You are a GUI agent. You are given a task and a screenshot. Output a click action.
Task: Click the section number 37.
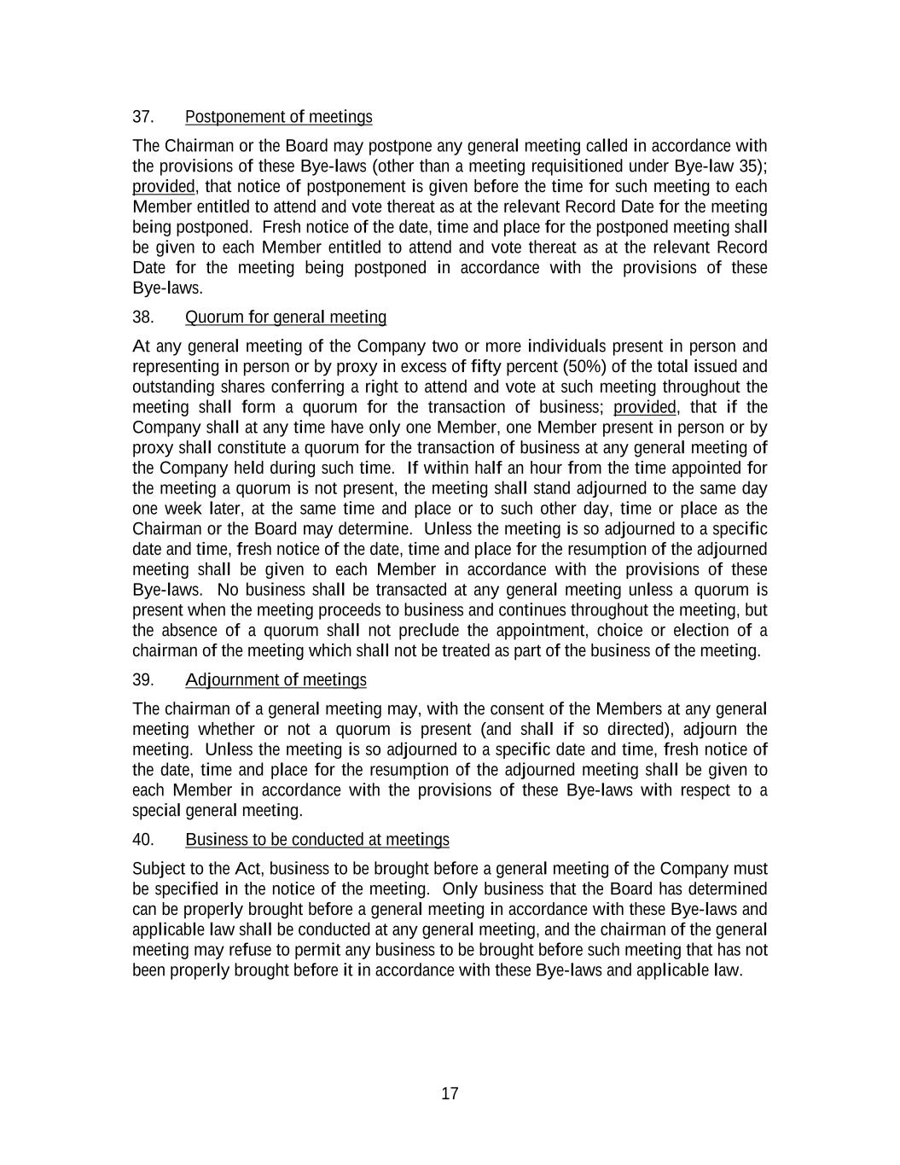(142, 117)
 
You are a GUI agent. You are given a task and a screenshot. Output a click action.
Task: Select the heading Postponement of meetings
(278, 117)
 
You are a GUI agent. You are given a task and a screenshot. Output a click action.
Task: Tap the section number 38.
(142, 317)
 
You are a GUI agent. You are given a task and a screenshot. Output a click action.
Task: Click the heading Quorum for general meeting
(285, 317)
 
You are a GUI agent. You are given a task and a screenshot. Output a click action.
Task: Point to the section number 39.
(142, 680)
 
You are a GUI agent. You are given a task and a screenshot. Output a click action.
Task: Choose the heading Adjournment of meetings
(276, 680)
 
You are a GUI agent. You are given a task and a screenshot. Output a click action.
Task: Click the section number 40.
(142, 840)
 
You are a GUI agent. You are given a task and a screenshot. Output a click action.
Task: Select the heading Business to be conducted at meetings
(316, 840)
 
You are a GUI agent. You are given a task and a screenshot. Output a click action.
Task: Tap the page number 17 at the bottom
(450, 1094)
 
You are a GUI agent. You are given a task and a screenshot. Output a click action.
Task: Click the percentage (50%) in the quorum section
(585, 367)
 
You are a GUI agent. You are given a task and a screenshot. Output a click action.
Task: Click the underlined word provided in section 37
(164, 187)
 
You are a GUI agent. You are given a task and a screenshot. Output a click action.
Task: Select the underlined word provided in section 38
(644, 407)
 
